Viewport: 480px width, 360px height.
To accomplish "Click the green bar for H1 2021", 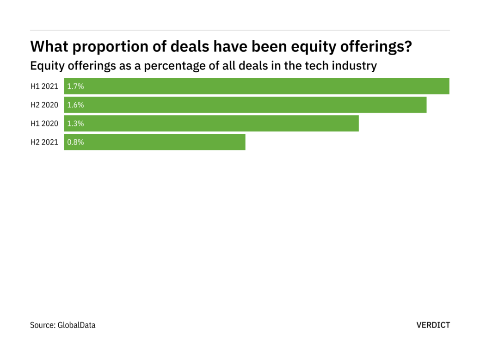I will pyautogui.click(x=257, y=86).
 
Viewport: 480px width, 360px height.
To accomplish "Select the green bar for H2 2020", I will pyautogui.click(x=245, y=105).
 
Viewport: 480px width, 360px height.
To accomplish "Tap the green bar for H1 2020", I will pyautogui.click(x=211, y=124).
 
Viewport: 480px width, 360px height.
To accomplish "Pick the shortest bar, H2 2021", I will pyautogui.click(x=154, y=142).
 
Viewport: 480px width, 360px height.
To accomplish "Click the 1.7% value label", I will pyautogui.click(x=75, y=86).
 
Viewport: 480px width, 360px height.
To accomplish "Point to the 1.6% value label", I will pyautogui.click(x=75, y=105).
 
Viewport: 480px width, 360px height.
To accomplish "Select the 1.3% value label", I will pyautogui.click(x=75, y=124).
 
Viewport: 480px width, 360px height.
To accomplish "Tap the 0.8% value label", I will pyautogui.click(x=75, y=142).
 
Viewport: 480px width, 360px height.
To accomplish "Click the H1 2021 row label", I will pyautogui.click(x=44, y=86).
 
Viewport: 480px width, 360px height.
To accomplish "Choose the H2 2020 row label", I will pyautogui.click(x=44, y=105).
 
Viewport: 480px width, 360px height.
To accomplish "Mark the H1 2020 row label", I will pyautogui.click(x=44, y=124).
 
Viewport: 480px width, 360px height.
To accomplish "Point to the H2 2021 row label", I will pyautogui.click(x=44, y=142).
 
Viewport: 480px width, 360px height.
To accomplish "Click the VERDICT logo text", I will pyautogui.click(x=433, y=325).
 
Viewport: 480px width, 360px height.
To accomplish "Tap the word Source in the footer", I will pyautogui.click(x=42, y=325).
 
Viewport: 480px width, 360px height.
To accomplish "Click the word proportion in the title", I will pyautogui.click(x=103, y=47).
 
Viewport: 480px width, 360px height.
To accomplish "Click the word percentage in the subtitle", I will pyautogui.click(x=171, y=66).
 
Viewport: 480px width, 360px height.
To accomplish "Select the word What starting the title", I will pyautogui.click(x=48, y=47).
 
